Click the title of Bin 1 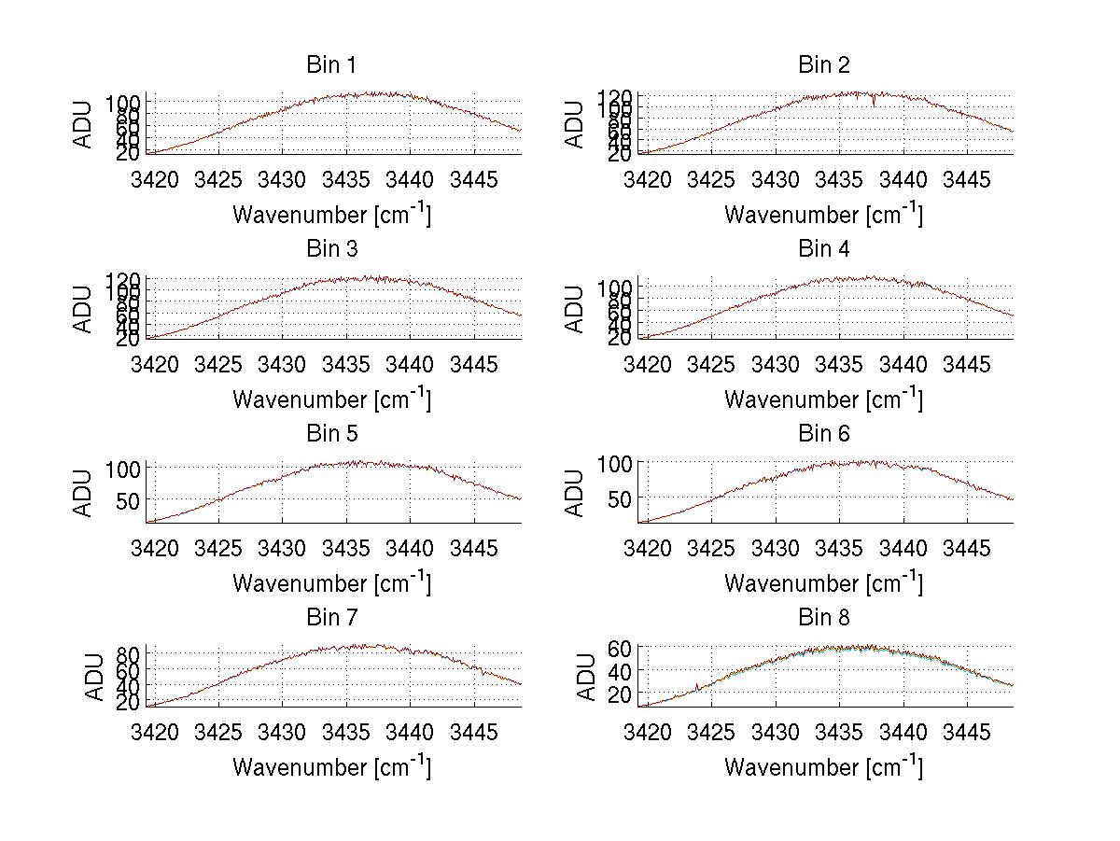pyautogui.click(x=331, y=64)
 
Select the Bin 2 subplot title pyautogui.click(x=823, y=64)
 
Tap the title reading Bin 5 pyautogui.click(x=331, y=433)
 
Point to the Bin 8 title pyautogui.click(x=823, y=617)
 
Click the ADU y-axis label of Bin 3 pyautogui.click(x=84, y=309)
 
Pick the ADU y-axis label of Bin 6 pyautogui.click(x=576, y=493)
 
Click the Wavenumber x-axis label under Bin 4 pyautogui.click(x=823, y=399)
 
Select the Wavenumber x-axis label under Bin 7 pyautogui.click(x=331, y=767)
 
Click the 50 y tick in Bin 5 pyautogui.click(x=131, y=499)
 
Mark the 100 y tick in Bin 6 pyautogui.click(x=617, y=463)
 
